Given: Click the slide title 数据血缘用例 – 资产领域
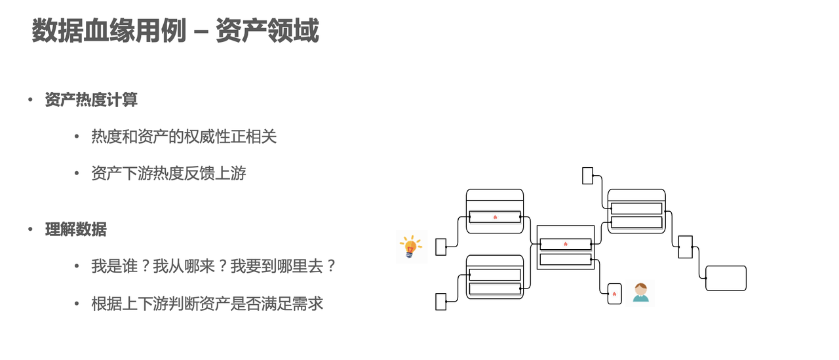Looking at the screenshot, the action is point(175,31).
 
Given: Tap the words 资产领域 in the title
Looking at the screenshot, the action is point(267,31).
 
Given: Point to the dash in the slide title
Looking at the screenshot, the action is point(201,31).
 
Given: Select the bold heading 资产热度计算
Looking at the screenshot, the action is point(91,100).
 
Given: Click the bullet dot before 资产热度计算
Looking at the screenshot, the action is point(30,100).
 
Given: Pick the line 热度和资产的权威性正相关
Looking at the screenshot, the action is point(184,136).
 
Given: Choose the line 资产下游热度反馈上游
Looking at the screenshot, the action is point(168,173).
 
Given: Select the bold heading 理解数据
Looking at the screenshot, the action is point(75,230).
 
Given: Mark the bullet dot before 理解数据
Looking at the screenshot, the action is point(30,230).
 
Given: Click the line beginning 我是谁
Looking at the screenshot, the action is point(213,266).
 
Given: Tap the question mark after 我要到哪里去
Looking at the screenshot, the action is point(331,266).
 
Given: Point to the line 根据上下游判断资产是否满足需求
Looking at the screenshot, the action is point(207,304).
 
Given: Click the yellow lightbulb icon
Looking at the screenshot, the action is point(411,247).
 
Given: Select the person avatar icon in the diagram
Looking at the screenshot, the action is point(640,292).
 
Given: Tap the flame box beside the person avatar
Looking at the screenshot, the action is point(615,294).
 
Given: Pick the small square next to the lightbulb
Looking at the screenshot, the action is point(441,247).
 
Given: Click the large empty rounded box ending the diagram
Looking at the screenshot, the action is point(726,278).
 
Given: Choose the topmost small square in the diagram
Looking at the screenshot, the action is point(588,176).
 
